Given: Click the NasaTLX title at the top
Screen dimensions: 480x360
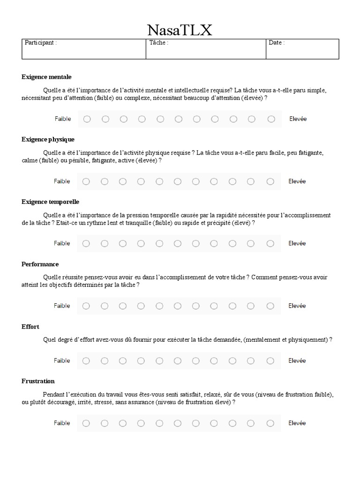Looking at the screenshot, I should click(180, 30).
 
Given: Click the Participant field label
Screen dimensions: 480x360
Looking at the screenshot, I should click(41, 43).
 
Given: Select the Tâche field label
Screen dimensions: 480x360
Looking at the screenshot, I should click(158, 43).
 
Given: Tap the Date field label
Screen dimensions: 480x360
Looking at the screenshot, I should click(277, 43).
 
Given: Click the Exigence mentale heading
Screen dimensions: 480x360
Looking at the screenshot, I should click(46, 77).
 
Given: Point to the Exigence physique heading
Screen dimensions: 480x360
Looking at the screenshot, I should click(48, 139).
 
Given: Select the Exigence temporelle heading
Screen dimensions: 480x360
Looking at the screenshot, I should click(50, 202).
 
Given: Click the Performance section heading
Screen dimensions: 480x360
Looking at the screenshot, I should click(40, 264).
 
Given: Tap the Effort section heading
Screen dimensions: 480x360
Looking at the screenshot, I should click(30, 326).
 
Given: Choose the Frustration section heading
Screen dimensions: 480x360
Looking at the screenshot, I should click(38, 381).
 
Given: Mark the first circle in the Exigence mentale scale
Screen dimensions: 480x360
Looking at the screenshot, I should click(87, 119).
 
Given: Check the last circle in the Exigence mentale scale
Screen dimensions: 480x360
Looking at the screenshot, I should click(271, 119).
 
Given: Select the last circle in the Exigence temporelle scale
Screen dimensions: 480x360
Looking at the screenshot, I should click(270, 243).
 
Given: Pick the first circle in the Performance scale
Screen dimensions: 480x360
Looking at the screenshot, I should click(86, 306).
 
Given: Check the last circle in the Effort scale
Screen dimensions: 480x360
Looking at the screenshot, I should click(270, 360).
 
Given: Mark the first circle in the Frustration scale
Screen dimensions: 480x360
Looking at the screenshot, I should click(86, 423).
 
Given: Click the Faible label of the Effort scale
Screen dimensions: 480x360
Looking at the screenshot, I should click(62, 360).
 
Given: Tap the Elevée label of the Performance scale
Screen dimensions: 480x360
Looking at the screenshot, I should click(297, 306).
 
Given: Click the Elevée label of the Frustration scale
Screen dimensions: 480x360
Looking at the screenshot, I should click(297, 423).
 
